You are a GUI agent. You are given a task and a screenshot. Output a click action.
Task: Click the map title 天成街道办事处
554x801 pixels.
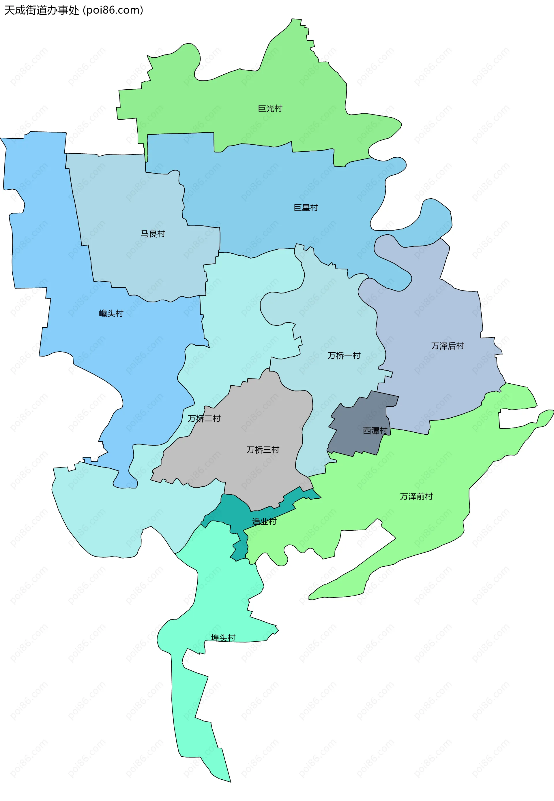click(42, 10)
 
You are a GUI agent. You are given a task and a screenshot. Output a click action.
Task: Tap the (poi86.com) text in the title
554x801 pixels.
click(113, 10)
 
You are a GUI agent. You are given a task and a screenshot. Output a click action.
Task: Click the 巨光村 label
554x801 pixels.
click(270, 109)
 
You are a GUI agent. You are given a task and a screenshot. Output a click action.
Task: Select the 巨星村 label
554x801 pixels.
click(306, 208)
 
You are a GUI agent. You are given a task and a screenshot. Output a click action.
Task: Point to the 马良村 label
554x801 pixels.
click(153, 234)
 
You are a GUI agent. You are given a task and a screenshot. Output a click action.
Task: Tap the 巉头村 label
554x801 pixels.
click(111, 314)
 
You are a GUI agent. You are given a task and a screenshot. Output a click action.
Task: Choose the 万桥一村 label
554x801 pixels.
click(344, 355)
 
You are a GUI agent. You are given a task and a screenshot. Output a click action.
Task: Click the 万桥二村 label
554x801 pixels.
click(204, 419)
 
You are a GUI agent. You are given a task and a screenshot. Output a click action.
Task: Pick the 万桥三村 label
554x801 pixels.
click(263, 450)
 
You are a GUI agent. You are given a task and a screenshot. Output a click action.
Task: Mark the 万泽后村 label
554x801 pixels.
click(448, 346)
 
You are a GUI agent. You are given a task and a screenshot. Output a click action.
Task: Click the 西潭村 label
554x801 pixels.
click(375, 431)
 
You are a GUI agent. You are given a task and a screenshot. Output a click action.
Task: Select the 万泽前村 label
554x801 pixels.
click(417, 497)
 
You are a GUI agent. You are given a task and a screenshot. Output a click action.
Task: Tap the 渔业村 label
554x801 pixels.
click(264, 521)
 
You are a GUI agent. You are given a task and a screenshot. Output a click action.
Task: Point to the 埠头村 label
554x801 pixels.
click(223, 638)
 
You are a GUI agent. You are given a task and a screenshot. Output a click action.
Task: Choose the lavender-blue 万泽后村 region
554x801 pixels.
click(434, 381)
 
